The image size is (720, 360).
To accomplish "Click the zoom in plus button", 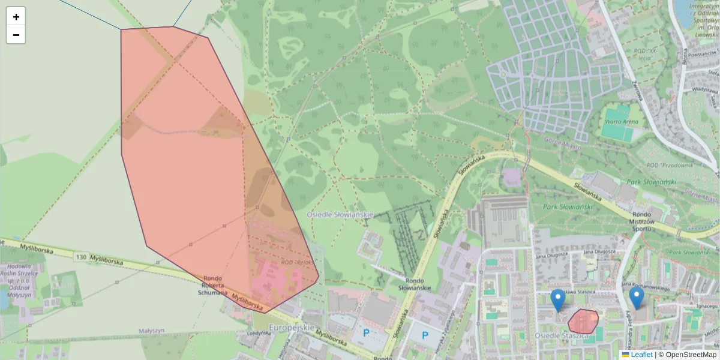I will (x=16, y=17).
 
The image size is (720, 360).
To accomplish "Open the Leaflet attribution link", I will (x=641, y=355).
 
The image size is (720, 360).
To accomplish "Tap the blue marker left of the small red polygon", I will (x=558, y=299).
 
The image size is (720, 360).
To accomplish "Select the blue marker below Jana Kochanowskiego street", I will (x=636, y=297).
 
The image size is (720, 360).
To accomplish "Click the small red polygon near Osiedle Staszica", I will (x=583, y=321).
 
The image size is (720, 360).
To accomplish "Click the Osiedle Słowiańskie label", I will (x=340, y=214).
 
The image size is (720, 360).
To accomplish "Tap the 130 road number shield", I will (x=82, y=257).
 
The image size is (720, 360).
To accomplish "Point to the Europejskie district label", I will (x=292, y=328).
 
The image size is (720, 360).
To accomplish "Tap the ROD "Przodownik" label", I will (x=670, y=165).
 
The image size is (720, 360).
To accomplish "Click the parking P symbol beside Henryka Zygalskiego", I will (x=425, y=335).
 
